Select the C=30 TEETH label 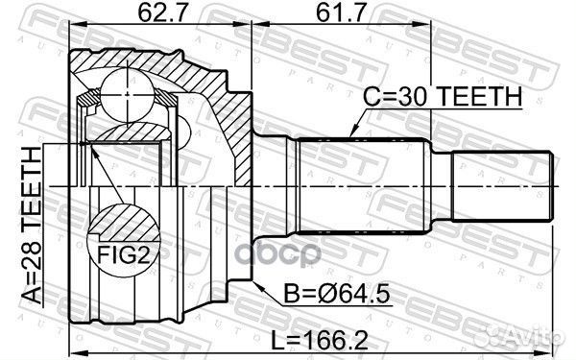point(442,96)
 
